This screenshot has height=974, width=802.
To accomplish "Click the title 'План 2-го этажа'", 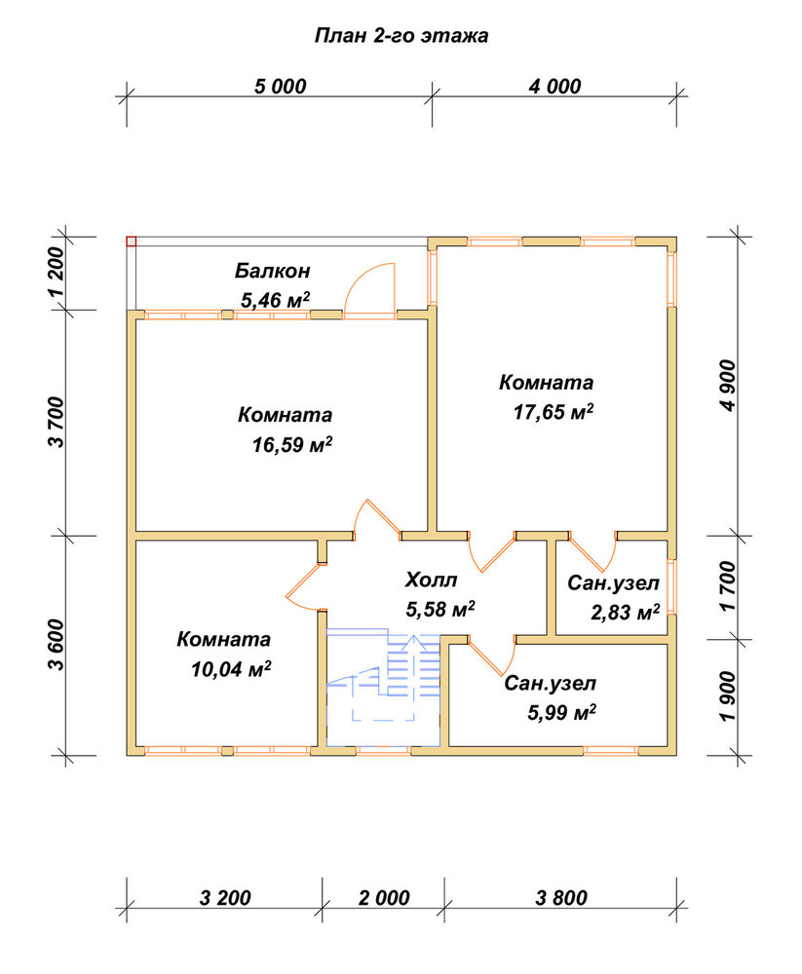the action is click(401, 35).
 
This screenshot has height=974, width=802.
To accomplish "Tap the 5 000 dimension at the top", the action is click(281, 87).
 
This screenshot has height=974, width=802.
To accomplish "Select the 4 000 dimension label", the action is click(555, 87).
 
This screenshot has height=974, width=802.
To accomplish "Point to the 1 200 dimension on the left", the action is click(56, 274).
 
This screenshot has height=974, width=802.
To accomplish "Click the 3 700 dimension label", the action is click(56, 422).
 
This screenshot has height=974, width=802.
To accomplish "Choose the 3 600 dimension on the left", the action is click(56, 645).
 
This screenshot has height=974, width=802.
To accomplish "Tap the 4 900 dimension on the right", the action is click(728, 385).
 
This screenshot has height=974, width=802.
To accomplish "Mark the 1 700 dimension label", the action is click(728, 586).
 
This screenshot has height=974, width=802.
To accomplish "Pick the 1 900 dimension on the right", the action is click(728, 696).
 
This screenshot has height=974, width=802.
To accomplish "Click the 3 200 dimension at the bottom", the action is click(225, 898).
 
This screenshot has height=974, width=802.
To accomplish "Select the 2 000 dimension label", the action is click(384, 898).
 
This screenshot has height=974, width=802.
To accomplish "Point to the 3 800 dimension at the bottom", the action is click(561, 898).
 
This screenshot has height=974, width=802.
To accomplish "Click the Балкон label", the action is click(272, 271).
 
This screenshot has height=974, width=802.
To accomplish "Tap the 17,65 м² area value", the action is click(554, 412).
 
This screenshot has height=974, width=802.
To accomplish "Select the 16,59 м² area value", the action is click(292, 444).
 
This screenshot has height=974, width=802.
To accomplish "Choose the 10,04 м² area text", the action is click(231, 669).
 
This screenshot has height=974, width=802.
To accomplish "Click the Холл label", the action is click(431, 581).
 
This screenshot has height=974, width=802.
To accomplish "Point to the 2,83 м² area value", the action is click(625, 613).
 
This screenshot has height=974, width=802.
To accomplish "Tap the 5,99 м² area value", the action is click(562, 712).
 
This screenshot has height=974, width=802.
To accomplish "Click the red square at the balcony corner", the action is click(132, 242).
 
